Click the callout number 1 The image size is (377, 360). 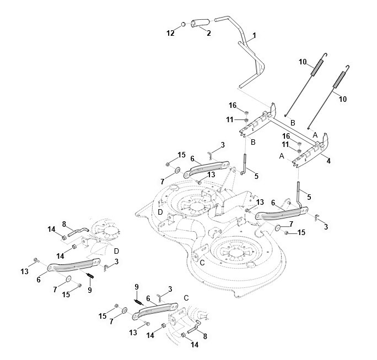coord(254,36)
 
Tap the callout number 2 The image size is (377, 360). coord(209,33)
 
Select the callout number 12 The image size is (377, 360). coord(170,33)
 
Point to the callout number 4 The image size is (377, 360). coord(328,161)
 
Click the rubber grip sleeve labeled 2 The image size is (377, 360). coord(200,23)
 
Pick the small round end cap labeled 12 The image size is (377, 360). coord(183,24)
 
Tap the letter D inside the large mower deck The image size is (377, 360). coord(160,212)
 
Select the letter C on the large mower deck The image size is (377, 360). coord(202,263)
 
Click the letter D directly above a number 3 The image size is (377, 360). coord(116,251)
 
